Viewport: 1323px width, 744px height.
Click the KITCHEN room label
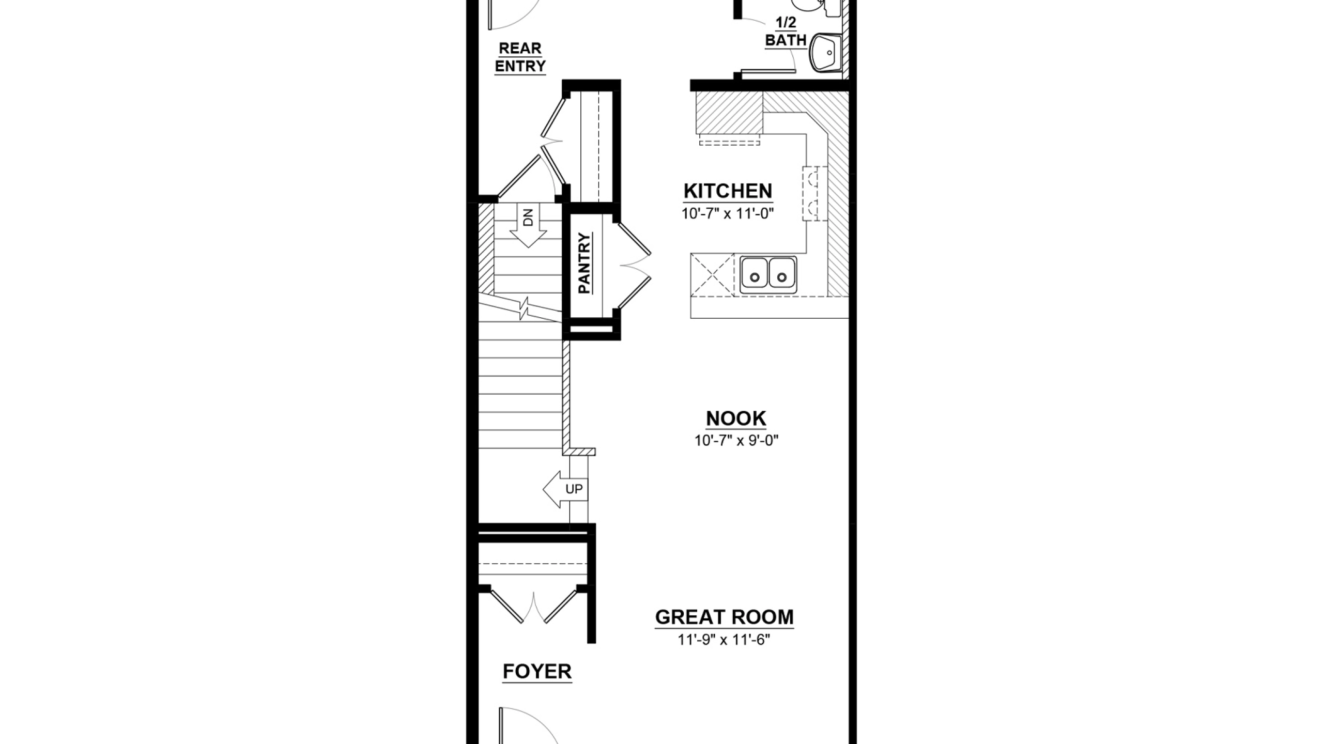click(x=728, y=191)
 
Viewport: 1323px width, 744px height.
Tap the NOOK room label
click(x=736, y=419)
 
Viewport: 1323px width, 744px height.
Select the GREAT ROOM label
click(x=724, y=617)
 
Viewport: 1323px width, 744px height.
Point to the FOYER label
click(x=537, y=672)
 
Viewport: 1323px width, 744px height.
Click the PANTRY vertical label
click(x=584, y=263)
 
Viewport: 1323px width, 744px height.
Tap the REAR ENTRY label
click(x=520, y=57)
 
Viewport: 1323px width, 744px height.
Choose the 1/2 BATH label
click(x=786, y=32)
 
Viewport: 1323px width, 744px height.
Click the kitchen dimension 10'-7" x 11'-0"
click(x=728, y=213)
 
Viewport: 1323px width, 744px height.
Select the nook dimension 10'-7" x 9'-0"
click(x=736, y=441)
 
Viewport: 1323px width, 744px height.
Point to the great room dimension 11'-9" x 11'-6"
click(x=724, y=640)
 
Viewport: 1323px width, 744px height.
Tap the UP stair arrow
click(x=565, y=489)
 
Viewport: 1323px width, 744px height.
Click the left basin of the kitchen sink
click(x=755, y=275)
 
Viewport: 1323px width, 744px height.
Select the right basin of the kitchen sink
click(x=782, y=275)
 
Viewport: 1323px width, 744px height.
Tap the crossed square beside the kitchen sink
click(x=712, y=275)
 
